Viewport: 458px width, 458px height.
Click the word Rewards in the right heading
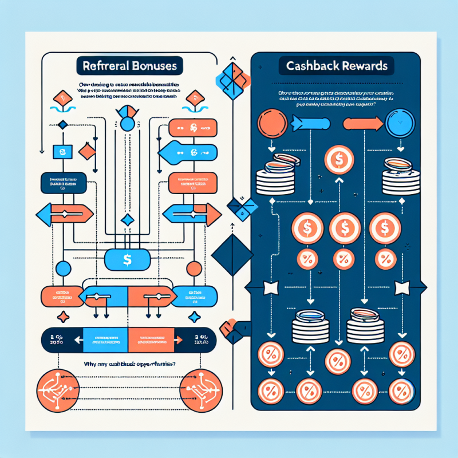363,66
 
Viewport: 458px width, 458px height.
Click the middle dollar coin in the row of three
341,228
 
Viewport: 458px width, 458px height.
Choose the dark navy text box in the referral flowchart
60,183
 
